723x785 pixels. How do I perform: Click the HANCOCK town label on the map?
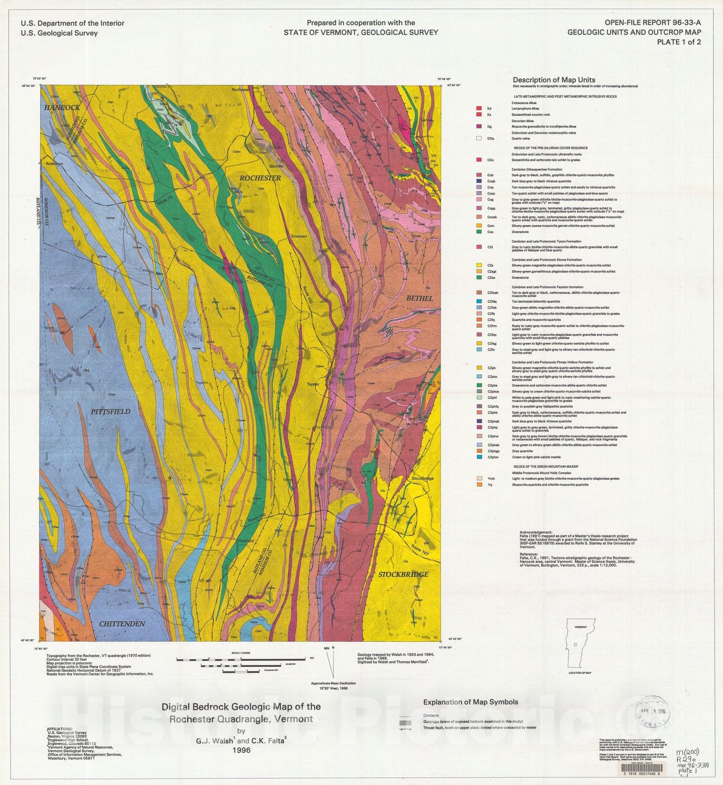pos(62,107)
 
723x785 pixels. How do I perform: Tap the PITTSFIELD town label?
pos(110,412)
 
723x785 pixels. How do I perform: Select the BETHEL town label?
pos(419,298)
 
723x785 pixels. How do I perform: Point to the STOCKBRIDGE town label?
pos(403,575)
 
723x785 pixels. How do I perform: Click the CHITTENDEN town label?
pos(122,624)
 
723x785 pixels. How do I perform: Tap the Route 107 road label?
pos(420,550)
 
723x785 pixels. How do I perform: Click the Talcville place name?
pos(276,166)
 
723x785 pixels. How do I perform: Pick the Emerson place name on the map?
pos(299,236)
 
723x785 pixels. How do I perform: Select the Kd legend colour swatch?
pos(479,108)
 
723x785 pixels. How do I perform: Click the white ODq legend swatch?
pos(479,138)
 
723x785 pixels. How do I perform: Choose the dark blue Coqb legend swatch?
pos(479,181)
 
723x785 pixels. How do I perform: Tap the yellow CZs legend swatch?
pos(479,265)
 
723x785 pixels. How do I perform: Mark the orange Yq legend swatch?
pos(479,485)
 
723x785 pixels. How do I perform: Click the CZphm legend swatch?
pos(479,457)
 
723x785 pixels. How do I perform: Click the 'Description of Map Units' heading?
pos(554,80)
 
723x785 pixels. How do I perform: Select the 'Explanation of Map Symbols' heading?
pos(470,702)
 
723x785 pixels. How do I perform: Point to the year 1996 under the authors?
pos(241,750)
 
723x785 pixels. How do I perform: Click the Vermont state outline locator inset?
pos(581,643)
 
